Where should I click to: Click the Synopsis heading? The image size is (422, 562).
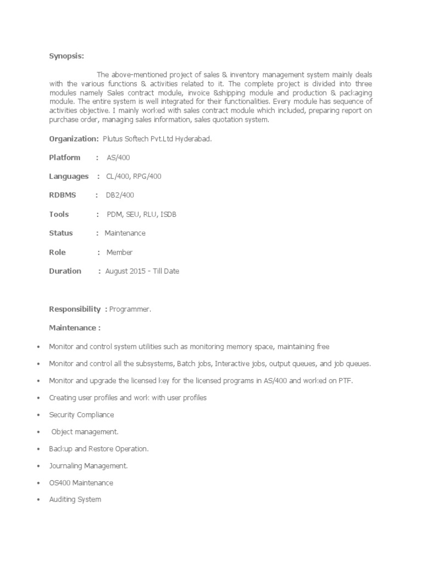(66, 55)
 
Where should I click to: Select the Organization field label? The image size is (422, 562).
(74, 139)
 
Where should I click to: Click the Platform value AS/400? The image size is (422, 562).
(118, 158)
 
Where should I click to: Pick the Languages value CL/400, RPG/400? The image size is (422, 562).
(134, 177)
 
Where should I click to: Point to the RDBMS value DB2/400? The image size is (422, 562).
(120, 195)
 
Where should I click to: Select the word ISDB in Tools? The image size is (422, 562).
(169, 214)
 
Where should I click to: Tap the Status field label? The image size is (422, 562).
(61, 233)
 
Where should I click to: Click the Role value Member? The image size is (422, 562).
(119, 252)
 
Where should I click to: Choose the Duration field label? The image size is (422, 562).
(65, 271)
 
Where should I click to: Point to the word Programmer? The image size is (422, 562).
(130, 310)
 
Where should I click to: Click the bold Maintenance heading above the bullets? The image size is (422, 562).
(75, 328)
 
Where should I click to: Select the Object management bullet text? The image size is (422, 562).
(85, 432)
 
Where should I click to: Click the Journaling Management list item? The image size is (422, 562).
(88, 466)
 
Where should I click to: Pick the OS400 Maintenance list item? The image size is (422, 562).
(81, 483)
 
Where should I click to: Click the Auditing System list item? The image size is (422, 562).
(75, 500)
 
